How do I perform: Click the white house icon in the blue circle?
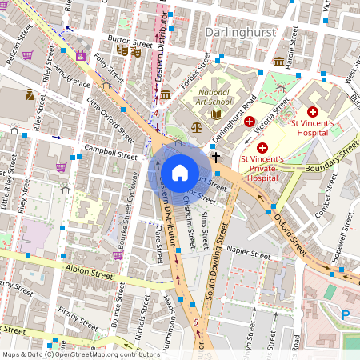coord(180,173)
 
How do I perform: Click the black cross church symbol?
coord(215,159)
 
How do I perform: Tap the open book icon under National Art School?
coord(216,114)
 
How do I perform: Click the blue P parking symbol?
coord(346,315)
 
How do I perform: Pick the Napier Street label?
coord(250,251)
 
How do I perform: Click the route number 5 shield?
coord(196,322)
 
